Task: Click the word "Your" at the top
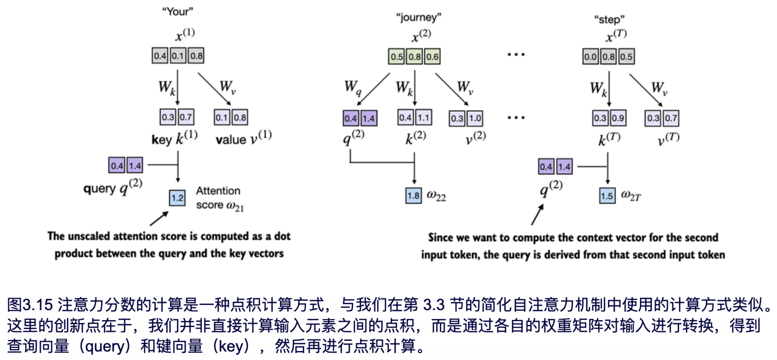[x=177, y=12]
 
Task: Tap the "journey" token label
[x=418, y=17]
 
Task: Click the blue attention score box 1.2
[x=177, y=198]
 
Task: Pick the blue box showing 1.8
[x=413, y=196]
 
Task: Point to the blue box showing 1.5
[x=607, y=196]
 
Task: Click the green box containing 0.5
[x=397, y=57]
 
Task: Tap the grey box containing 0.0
[x=590, y=57]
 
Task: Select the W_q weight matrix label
[x=352, y=87]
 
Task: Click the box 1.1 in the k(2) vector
[x=423, y=118]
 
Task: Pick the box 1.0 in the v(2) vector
[x=475, y=118]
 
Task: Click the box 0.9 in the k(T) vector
[x=618, y=118]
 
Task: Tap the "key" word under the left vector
[x=162, y=139]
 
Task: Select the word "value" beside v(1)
[x=231, y=139]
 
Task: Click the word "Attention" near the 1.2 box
[x=218, y=191]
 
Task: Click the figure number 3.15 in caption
[x=38, y=305]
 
